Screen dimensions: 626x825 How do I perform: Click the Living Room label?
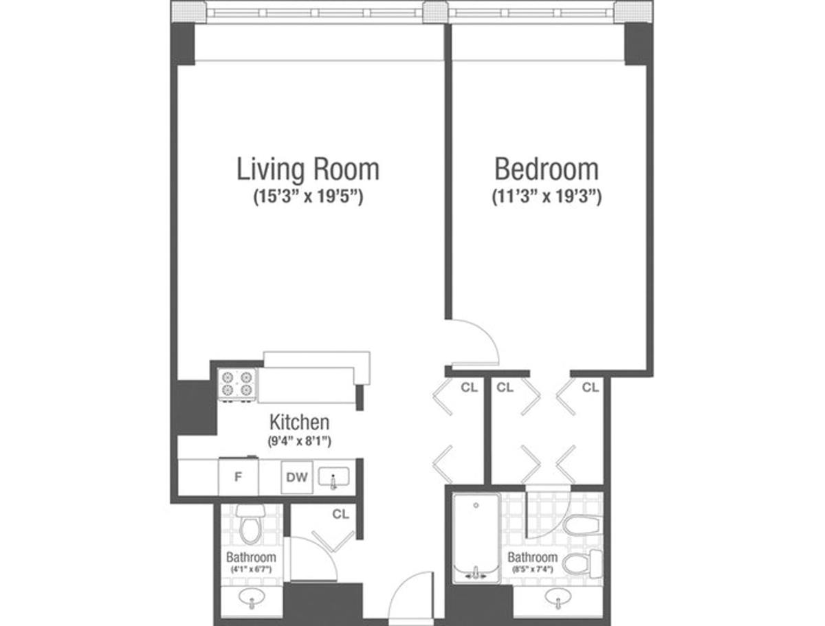point(307,169)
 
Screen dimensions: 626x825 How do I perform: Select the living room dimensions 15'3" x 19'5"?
point(307,198)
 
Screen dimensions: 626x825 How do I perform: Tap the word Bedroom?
point(547,169)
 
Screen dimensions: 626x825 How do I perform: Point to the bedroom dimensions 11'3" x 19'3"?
point(547,198)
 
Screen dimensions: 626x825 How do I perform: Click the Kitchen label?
point(298,421)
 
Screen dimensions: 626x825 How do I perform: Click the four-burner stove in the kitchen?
point(236,384)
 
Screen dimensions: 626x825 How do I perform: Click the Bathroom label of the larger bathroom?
point(532,557)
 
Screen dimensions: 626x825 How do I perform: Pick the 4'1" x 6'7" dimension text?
point(251,570)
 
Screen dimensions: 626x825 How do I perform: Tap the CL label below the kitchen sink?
point(340,513)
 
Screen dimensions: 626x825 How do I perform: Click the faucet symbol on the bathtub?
point(475,572)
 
